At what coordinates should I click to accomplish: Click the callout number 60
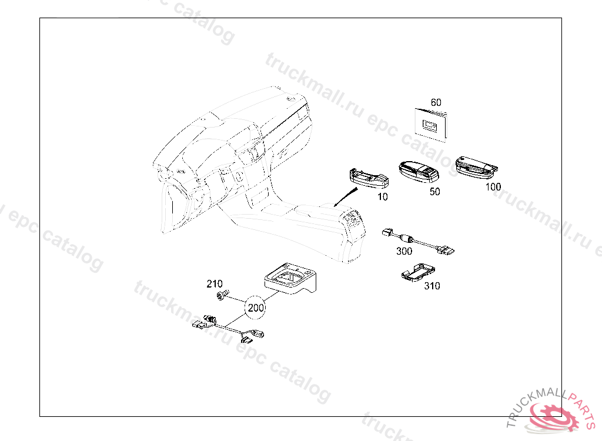click(436, 102)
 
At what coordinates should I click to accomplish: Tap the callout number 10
click(383, 196)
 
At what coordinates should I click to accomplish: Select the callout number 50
click(434, 192)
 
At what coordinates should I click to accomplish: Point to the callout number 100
click(493, 187)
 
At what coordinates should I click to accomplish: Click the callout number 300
click(404, 251)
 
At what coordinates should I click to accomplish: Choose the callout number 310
click(432, 286)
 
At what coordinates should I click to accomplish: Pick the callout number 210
click(214, 284)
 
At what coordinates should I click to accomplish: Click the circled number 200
click(256, 308)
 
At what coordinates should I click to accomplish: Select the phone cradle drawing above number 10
click(369, 179)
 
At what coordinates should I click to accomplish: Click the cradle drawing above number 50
click(419, 172)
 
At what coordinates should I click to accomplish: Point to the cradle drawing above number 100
click(476, 168)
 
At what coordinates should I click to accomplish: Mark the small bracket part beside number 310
click(418, 273)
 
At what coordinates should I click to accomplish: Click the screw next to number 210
click(222, 295)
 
